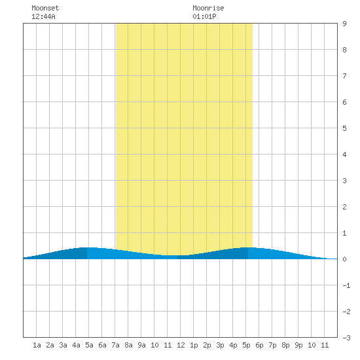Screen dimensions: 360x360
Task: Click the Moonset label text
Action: click(x=45, y=8)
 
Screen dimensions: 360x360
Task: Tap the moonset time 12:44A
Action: click(x=43, y=16)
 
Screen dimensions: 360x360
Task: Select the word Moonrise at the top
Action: click(x=208, y=8)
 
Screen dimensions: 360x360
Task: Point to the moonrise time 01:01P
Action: click(x=204, y=16)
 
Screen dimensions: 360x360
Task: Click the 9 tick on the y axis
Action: click(x=344, y=24)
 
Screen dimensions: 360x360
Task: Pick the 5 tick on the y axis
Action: click(x=344, y=128)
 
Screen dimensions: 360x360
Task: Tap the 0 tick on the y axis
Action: click(x=344, y=259)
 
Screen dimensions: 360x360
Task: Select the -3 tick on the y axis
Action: click(x=346, y=338)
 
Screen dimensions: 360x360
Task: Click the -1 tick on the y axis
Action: click(x=346, y=285)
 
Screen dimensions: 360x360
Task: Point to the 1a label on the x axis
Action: click(x=37, y=345)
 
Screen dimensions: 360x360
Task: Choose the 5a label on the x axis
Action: click(x=89, y=345)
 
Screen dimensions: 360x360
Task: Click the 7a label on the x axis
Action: click(x=115, y=345)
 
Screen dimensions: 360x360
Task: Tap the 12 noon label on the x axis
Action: click(x=181, y=345)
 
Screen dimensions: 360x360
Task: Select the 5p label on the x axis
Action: click(x=246, y=345)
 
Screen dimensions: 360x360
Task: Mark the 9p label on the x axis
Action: click(x=298, y=345)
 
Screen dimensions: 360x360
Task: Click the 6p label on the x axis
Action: click(x=259, y=345)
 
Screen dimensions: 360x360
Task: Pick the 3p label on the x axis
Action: click(x=220, y=345)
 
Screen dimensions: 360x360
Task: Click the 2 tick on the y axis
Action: click(x=344, y=207)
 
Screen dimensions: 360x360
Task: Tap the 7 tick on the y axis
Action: click(x=344, y=76)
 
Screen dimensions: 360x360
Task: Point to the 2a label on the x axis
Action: click(x=50, y=345)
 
